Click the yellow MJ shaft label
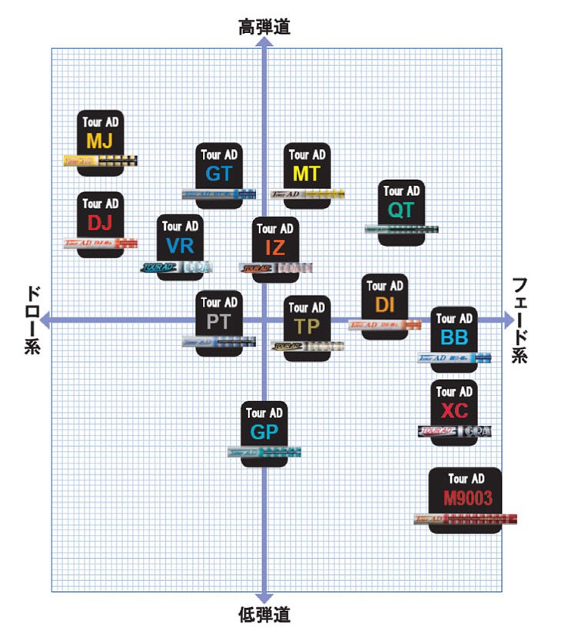[101, 141]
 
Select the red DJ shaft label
[101, 223]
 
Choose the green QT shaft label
[401, 209]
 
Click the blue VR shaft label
[180, 246]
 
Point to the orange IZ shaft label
[275, 248]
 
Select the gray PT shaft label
[219, 321]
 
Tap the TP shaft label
[307, 326]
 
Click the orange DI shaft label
[385, 304]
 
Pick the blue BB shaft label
[453, 337]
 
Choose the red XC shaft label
[454, 410]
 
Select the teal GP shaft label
[264, 431]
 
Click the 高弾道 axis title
[264, 28]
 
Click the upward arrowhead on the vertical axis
[264, 44]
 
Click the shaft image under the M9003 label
[465, 519]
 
